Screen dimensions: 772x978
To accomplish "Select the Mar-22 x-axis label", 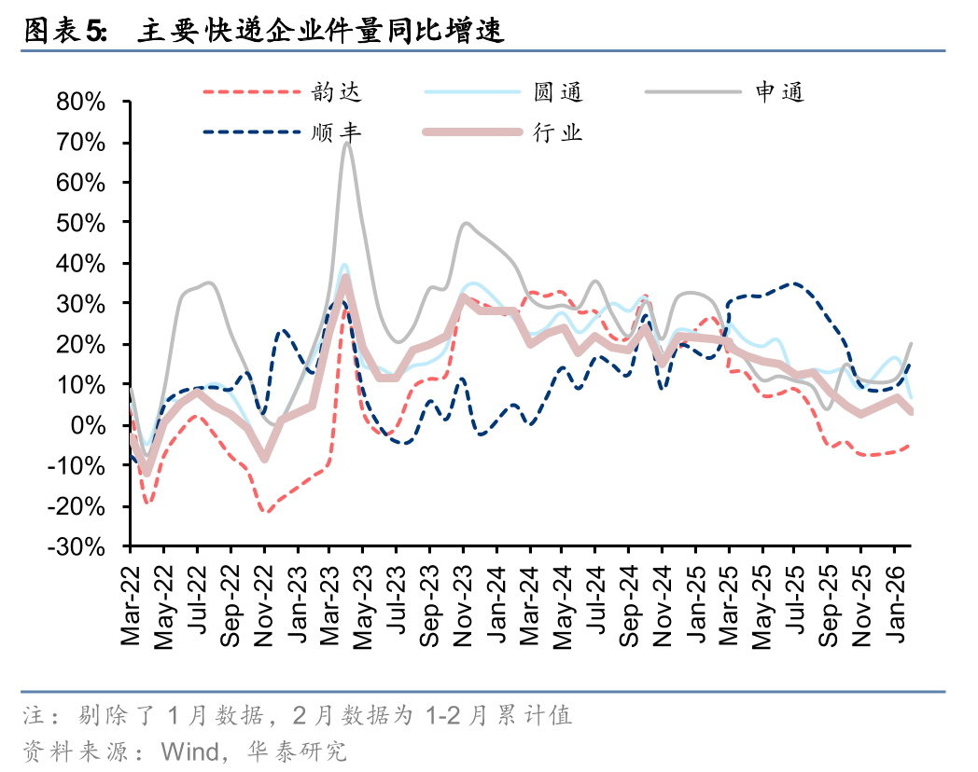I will [x=130, y=605].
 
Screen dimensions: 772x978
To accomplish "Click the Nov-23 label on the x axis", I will [x=463, y=605].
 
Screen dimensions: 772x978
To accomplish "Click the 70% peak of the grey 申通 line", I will [x=346, y=143].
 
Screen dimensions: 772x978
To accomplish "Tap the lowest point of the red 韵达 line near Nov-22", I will [x=265, y=512].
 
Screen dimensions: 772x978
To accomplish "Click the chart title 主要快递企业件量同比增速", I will [x=320, y=33].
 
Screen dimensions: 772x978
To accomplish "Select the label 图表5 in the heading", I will [x=64, y=33].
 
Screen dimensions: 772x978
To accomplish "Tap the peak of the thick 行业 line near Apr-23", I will [x=345, y=277].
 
